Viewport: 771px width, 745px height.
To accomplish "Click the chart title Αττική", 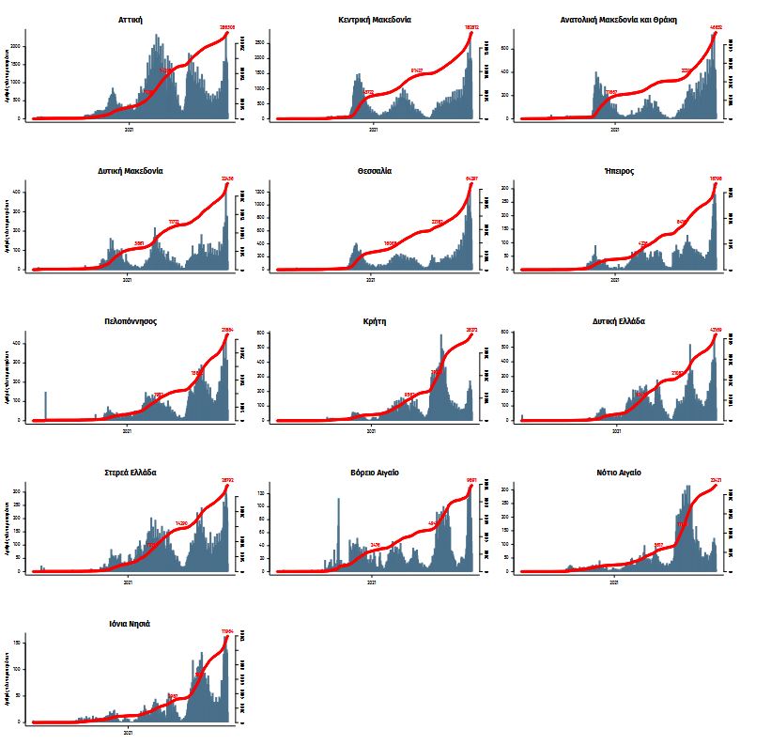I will pyautogui.click(x=131, y=19).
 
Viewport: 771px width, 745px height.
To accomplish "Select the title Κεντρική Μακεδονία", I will pyautogui.click(x=374, y=19).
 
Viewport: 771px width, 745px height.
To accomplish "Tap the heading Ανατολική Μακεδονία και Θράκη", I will pyautogui.click(x=618, y=19).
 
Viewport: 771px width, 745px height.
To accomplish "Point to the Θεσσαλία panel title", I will pyautogui.click(x=374, y=171).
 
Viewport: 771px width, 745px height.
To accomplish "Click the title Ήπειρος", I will pyautogui.click(x=618, y=171).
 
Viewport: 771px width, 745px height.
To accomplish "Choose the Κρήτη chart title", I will pyautogui.click(x=374, y=321).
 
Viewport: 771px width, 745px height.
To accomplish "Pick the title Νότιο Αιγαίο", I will pyautogui.click(x=618, y=473).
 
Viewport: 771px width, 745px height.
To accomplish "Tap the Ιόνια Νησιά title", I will pyautogui.click(x=131, y=624).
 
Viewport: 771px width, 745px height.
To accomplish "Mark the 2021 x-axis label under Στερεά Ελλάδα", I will pyautogui.click(x=129, y=582).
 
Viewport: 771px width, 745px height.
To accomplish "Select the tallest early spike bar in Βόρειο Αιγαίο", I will pyautogui.click(x=339, y=534).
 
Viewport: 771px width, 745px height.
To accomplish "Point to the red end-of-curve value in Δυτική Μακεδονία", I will pyautogui.click(x=226, y=178).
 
